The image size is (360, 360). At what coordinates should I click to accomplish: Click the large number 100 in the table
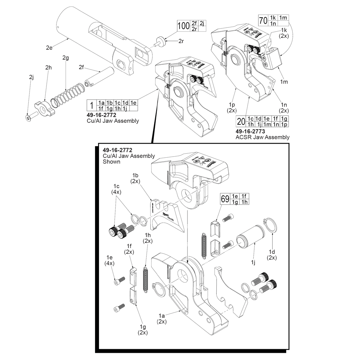click(184, 26)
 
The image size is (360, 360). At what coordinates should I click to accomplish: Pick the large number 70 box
click(263, 21)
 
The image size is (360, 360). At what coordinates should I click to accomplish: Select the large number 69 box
click(225, 199)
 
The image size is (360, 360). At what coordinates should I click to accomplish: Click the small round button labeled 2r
click(161, 41)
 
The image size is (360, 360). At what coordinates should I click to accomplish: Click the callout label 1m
click(284, 82)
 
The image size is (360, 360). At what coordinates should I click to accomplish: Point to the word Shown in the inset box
click(111, 162)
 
